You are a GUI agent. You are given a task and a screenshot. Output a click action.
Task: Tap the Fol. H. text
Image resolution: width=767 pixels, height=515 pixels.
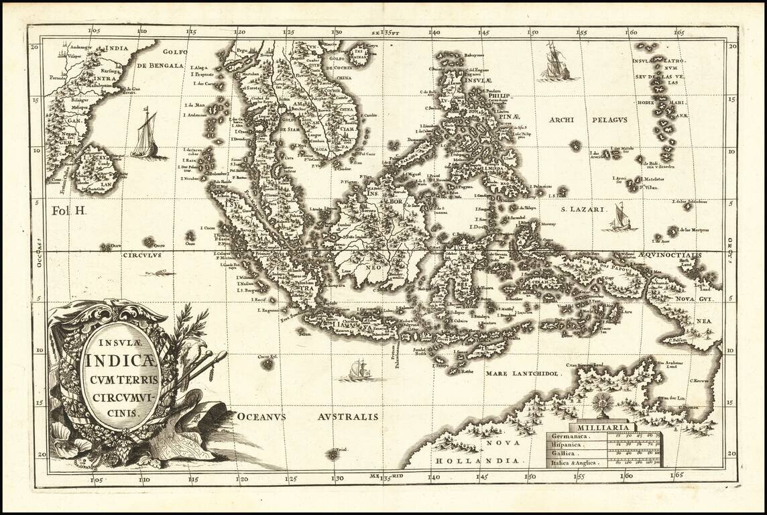click(70, 211)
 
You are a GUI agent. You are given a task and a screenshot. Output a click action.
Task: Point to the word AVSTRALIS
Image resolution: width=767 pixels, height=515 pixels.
click(347, 416)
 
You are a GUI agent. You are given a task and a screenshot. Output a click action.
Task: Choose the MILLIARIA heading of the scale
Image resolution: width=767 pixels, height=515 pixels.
click(601, 427)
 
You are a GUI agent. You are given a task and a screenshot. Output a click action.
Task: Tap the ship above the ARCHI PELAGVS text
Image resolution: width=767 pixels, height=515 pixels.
click(556, 62)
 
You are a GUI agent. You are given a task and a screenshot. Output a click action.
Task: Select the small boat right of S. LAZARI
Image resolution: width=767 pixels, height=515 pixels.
click(618, 217)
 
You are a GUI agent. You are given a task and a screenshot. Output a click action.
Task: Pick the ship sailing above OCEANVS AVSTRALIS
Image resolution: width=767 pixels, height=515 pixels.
click(361, 369)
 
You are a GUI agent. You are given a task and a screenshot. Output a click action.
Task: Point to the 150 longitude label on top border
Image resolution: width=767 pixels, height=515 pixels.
click(532, 32)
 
